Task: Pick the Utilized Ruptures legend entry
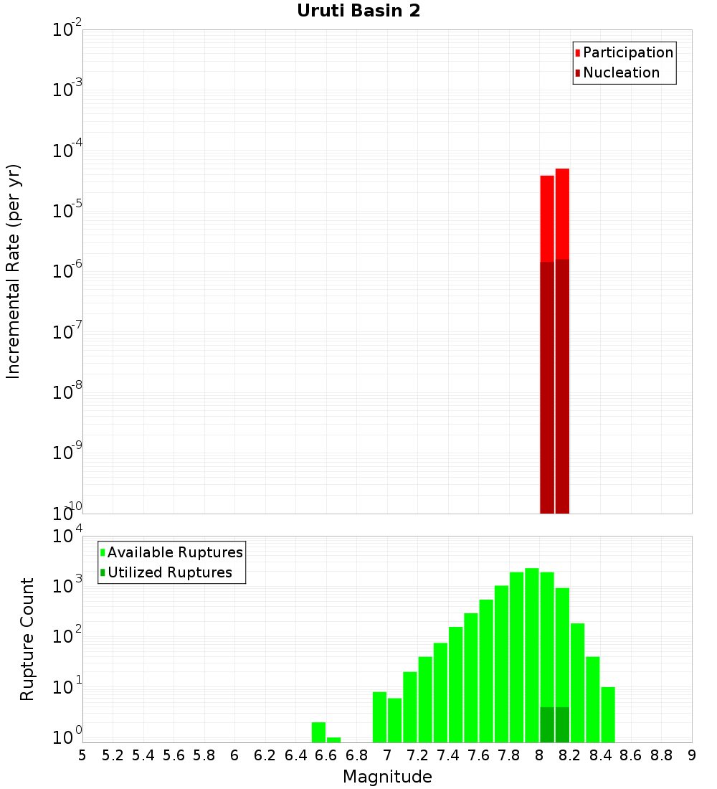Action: point(168,572)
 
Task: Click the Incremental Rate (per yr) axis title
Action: point(14,271)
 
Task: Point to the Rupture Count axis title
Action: point(27,639)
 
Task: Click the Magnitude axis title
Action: point(387,777)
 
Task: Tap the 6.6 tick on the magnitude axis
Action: point(326,755)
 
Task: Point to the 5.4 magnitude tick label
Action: point(143,755)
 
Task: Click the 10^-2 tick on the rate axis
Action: point(67,30)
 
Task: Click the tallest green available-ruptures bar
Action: point(532,653)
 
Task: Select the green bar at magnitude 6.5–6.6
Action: point(318,732)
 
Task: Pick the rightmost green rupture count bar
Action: point(608,714)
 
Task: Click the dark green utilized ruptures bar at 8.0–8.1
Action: point(547,724)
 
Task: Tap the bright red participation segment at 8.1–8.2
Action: point(562,213)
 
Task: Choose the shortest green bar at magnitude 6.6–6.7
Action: point(333,740)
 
